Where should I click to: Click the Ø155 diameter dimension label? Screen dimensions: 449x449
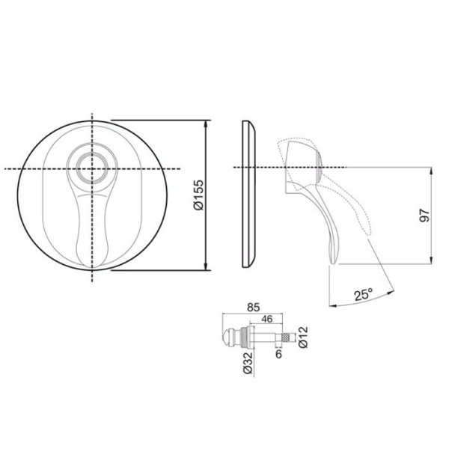[198, 196]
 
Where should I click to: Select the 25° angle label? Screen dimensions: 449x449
[364, 295]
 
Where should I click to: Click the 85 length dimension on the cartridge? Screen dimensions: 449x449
[253, 305]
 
